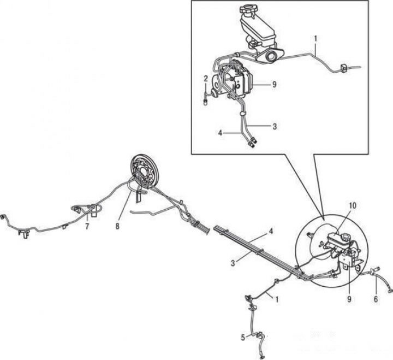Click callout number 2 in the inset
(206, 79)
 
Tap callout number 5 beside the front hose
(243, 338)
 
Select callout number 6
(376, 299)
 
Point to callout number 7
(87, 226)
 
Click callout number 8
(117, 226)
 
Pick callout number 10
(352, 206)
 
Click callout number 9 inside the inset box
(274, 85)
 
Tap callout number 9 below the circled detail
(349, 299)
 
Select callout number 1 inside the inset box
(315, 39)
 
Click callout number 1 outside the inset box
(277, 299)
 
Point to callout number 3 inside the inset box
(275, 126)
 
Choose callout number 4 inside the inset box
(220, 133)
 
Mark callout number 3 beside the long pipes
(233, 263)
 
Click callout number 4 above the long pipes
(270, 231)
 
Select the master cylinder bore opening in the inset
(271, 56)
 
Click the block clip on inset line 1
(343, 68)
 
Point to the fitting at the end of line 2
(206, 102)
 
